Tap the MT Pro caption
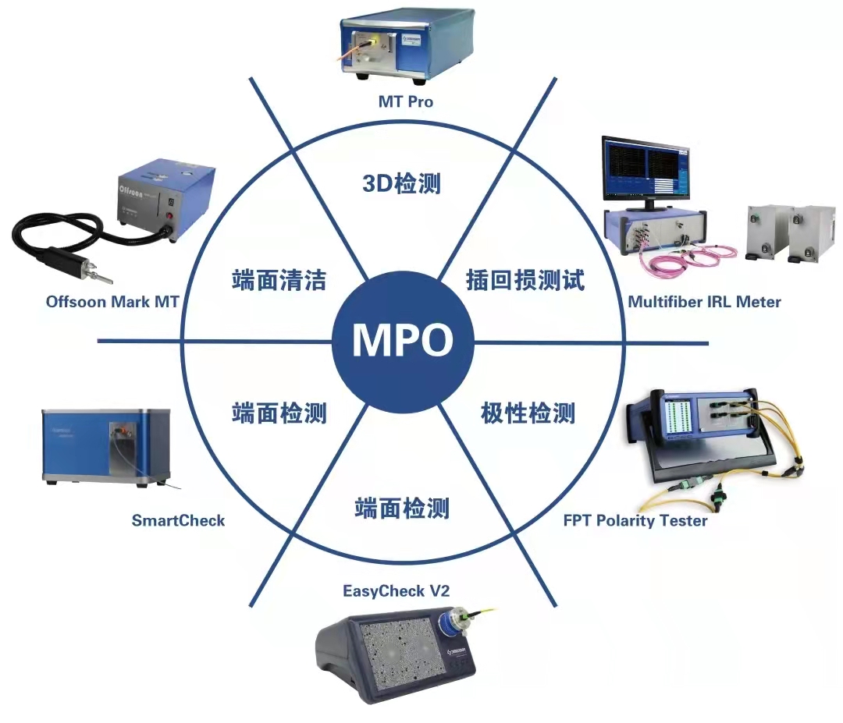[x=405, y=101]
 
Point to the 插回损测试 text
[x=525, y=280]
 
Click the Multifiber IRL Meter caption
[x=704, y=301]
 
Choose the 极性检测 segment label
[x=528, y=412]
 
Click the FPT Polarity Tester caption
[x=635, y=520]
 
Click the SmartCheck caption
[x=178, y=520]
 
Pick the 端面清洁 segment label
[x=279, y=280]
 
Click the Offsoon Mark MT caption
[x=113, y=301]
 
